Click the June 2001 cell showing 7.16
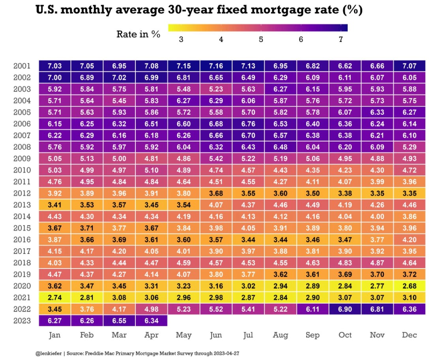pos(216,66)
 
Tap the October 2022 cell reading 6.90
pos(345,309)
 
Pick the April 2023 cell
pos(152,321)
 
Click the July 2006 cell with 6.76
pos(248,124)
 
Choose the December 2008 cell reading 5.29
pos(409,147)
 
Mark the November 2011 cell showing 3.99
pos(377,182)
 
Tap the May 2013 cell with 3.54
pos(183,205)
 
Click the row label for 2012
pos(22,194)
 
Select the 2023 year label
pos(22,321)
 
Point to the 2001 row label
pos(22,66)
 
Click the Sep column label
pos(312,335)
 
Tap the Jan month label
pos(55,335)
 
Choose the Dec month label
pos(409,335)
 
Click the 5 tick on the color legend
pos(261,39)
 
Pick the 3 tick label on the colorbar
pos(181,39)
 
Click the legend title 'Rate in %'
pos(138,34)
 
